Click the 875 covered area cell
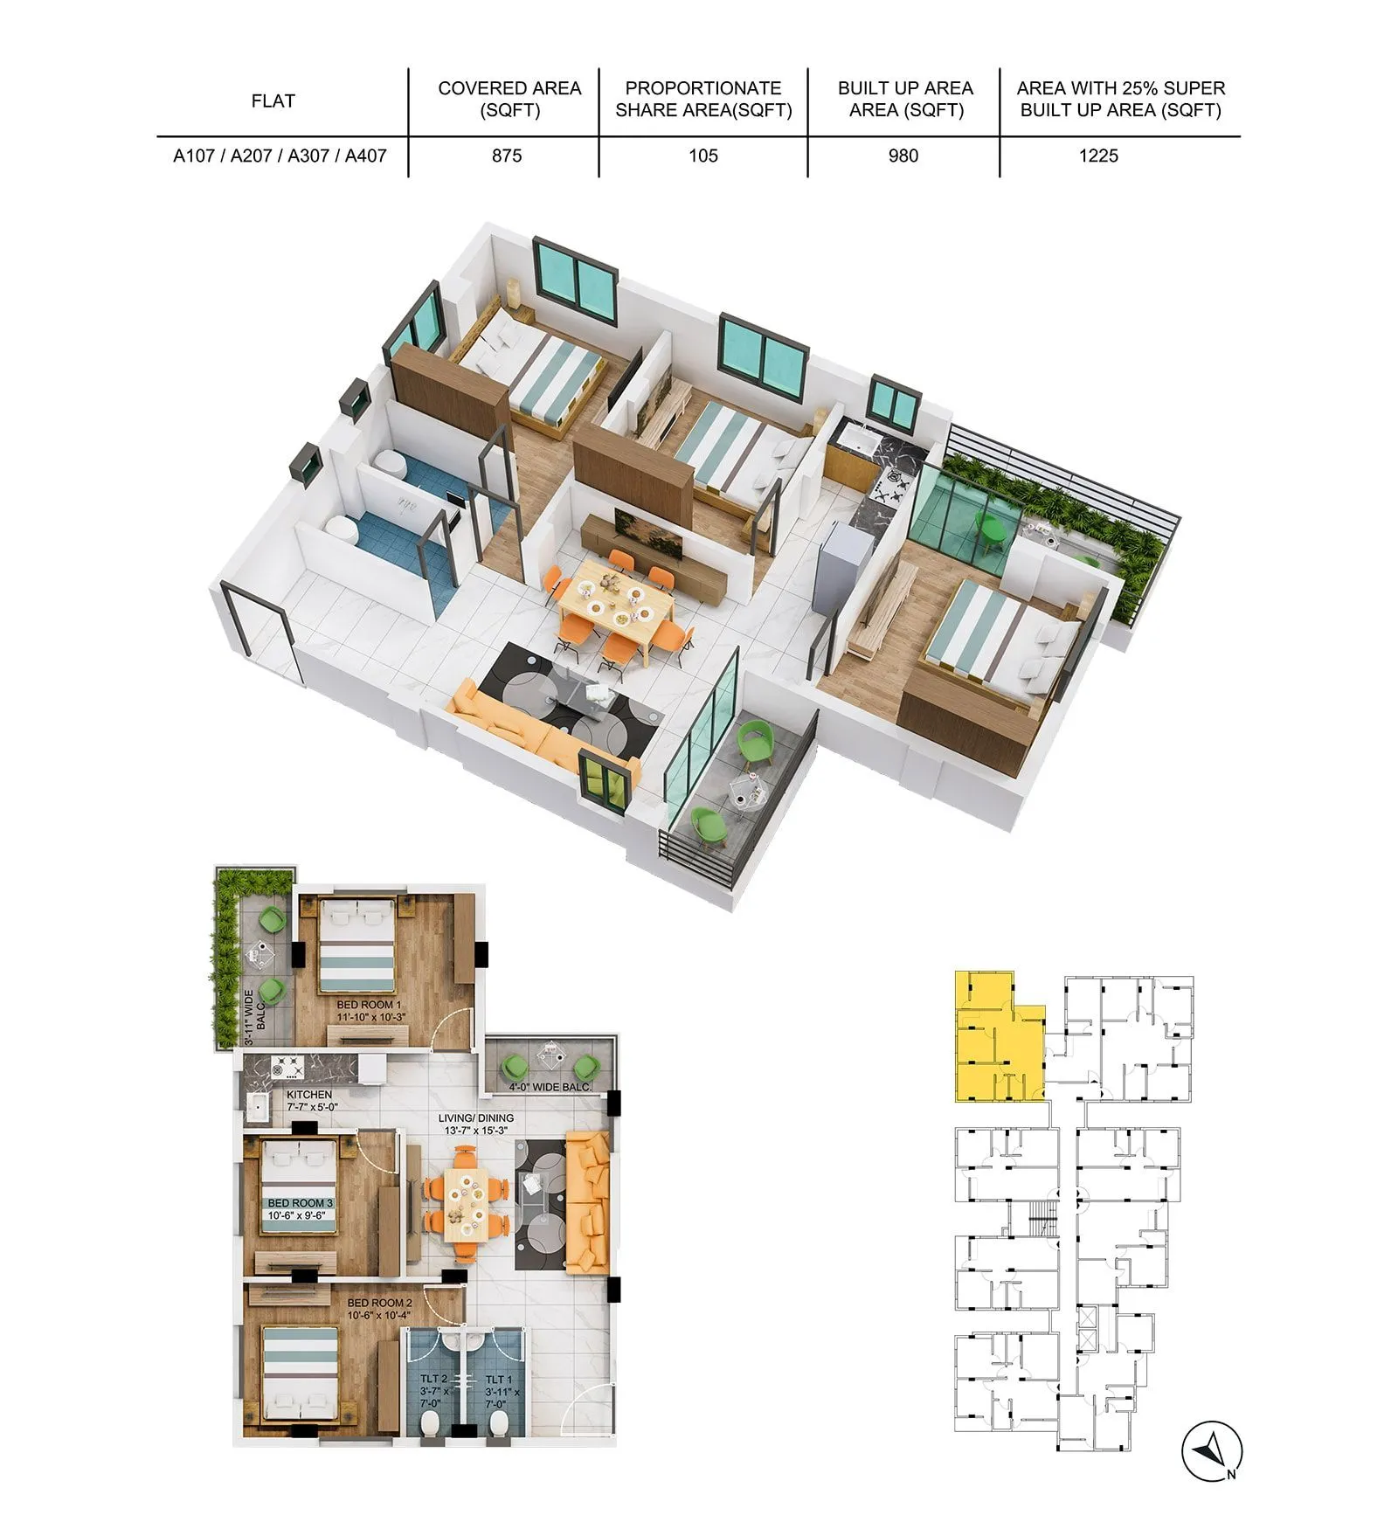(507, 156)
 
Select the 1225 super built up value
(1098, 156)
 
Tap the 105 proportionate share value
(702, 156)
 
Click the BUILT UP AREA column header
(905, 99)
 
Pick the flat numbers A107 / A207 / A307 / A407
(280, 156)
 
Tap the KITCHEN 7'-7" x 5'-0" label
(311, 1100)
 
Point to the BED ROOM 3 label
(300, 1208)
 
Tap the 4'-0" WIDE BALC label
(550, 1087)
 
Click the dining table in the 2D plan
(465, 1205)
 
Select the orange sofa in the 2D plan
(587, 1200)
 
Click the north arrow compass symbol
(1212, 1450)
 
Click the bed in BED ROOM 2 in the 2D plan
(300, 1375)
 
